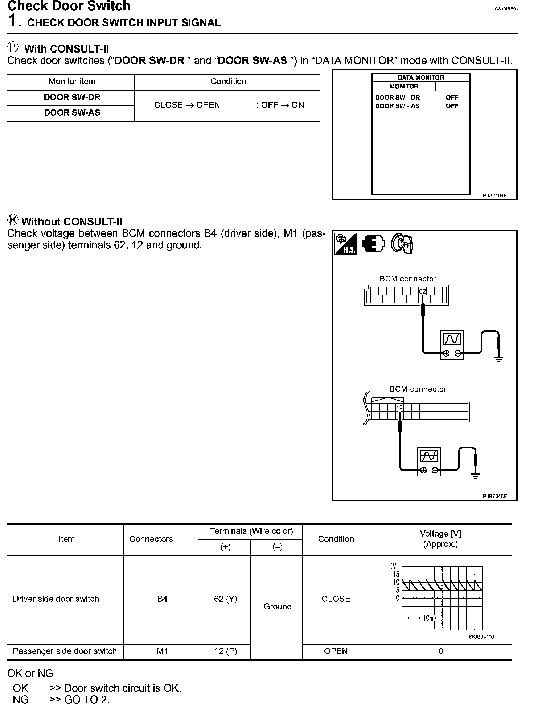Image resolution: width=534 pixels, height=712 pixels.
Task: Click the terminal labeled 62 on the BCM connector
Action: tap(422, 291)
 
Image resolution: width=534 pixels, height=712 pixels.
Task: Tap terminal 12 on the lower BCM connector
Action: tap(399, 408)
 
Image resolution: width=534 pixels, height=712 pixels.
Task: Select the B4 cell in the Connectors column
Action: tap(162, 599)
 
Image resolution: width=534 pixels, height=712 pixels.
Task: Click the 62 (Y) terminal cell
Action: tap(225, 599)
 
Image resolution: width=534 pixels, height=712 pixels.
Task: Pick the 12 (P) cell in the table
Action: tap(225, 651)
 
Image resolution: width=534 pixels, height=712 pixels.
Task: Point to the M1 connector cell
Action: tap(162, 651)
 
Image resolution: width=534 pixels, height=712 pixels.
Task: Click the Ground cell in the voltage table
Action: tap(278, 607)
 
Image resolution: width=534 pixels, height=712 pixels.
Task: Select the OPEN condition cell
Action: tap(336, 651)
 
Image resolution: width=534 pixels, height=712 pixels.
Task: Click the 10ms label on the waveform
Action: tap(430, 618)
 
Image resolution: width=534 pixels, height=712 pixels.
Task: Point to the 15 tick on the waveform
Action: tap(396, 574)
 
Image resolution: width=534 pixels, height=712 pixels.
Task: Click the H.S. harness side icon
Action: tap(345, 243)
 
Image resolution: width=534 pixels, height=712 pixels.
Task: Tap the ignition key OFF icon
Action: tap(402, 243)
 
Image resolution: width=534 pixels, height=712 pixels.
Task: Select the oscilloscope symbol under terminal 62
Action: tap(452, 344)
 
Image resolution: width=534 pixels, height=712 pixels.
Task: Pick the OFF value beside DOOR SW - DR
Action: tap(452, 98)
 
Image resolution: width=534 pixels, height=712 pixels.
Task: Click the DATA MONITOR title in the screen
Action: tap(421, 78)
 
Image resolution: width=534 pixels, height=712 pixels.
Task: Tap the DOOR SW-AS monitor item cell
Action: tap(72, 113)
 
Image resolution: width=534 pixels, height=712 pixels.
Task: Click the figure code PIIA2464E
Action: tap(494, 195)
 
